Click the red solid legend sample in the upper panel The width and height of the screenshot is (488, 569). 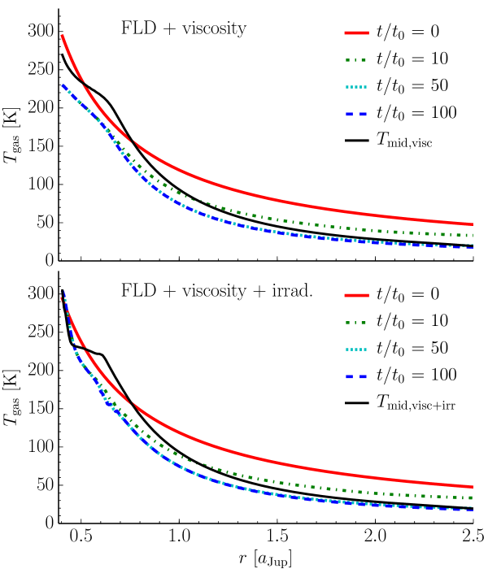click(356, 33)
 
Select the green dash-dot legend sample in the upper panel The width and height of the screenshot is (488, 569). click(356, 60)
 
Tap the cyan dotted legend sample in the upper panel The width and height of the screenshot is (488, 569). click(356, 87)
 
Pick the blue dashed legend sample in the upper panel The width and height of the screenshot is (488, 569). click(356, 115)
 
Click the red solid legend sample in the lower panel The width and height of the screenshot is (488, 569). click(356, 296)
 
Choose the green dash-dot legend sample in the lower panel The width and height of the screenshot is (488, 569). click(356, 323)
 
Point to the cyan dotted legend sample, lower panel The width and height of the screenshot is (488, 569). click(356, 350)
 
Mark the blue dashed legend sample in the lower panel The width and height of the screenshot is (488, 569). click(356, 377)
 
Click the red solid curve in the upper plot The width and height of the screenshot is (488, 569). click(244, 192)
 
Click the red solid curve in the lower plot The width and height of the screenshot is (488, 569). click(244, 455)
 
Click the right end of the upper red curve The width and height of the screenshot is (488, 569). click(473, 224)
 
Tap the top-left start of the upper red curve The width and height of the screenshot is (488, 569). click(62, 36)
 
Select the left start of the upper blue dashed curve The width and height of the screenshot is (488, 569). click(63, 85)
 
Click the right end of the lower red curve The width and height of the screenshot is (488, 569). click(473, 487)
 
